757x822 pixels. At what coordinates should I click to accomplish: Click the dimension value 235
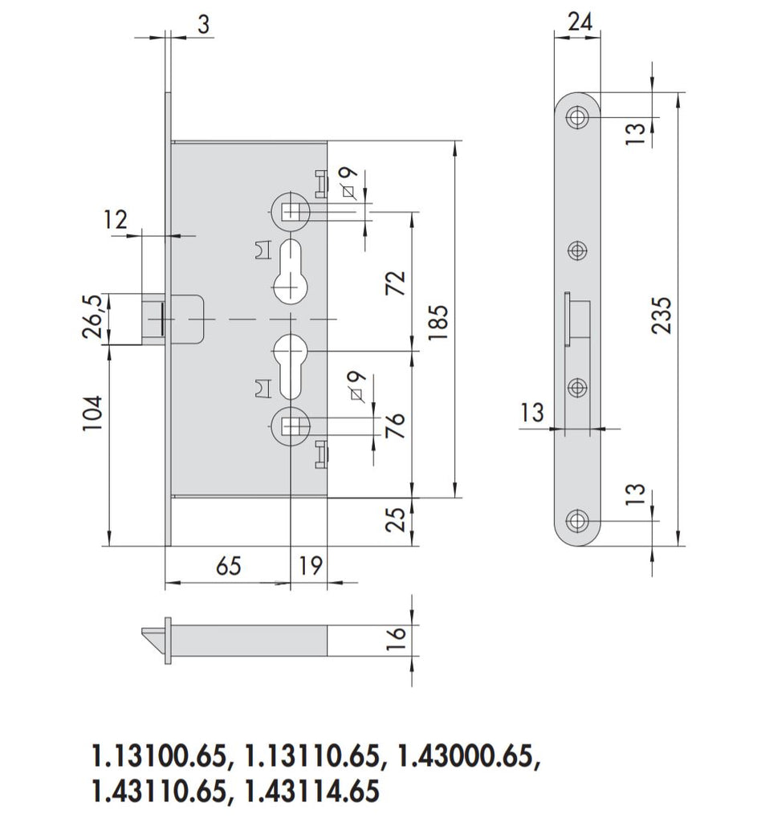(661, 316)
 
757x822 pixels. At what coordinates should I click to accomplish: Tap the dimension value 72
(395, 283)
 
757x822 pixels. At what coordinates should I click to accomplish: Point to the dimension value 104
(94, 413)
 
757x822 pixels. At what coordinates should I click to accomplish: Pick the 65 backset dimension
(228, 566)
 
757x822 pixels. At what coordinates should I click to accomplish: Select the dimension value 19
(308, 566)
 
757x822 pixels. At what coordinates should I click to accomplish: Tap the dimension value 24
(580, 22)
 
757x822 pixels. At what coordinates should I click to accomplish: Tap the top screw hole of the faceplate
(577, 117)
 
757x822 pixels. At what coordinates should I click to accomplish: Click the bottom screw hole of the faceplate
(577, 520)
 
